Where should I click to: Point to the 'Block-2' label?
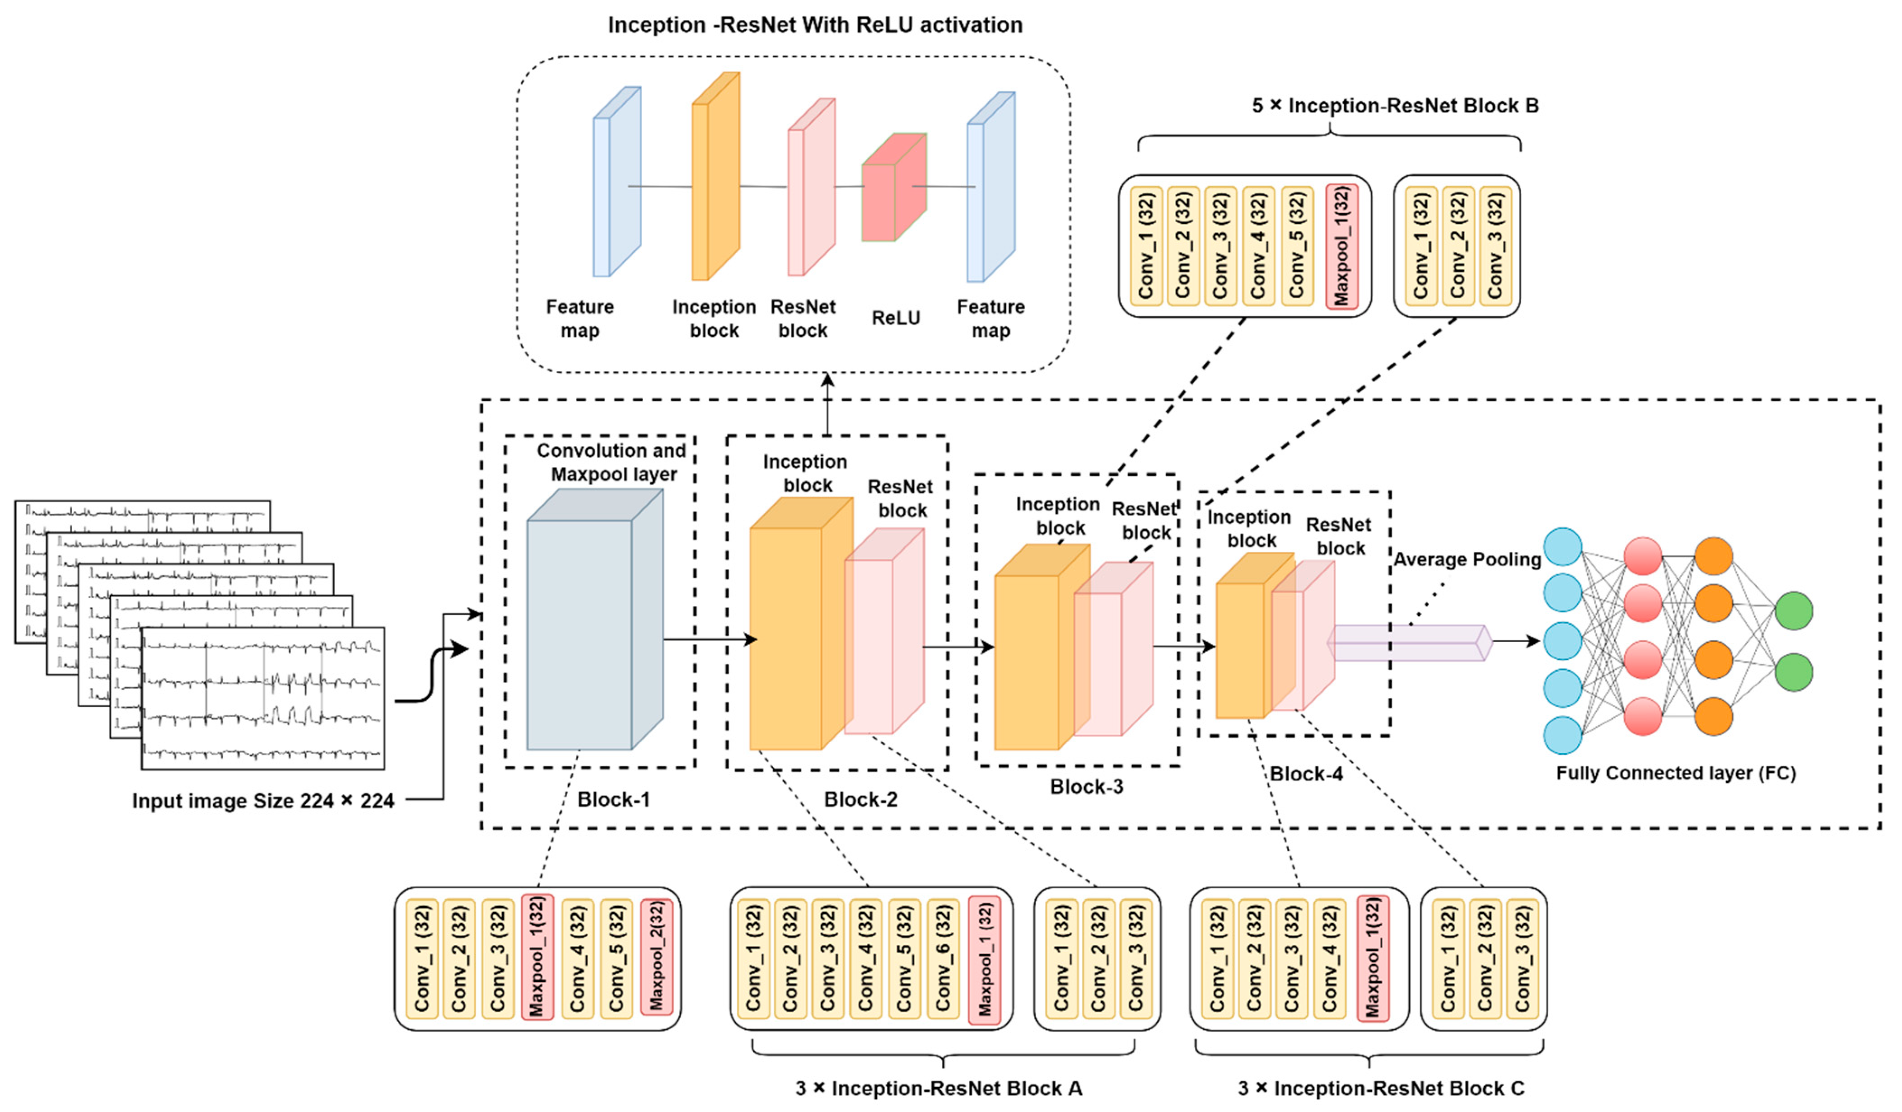tap(860, 799)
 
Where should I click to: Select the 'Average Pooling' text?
tap(1467, 559)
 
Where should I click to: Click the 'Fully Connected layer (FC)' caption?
tap(1676, 773)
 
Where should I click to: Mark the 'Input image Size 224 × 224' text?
tap(263, 801)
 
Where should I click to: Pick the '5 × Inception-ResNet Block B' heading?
tap(1395, 106)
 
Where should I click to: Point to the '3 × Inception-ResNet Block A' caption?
tap(938, 1089)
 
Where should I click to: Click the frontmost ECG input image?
tap(263, 698)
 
